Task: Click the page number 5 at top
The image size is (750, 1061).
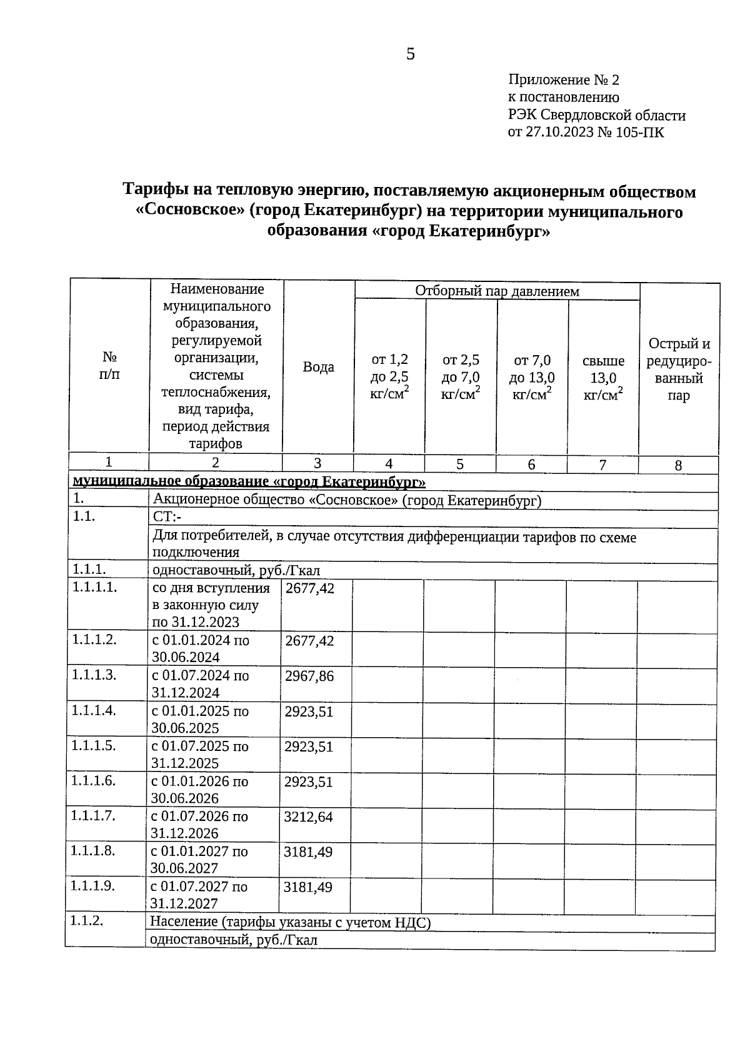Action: (x=411, y=54)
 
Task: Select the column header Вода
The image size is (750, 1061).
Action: (x=318, y=368)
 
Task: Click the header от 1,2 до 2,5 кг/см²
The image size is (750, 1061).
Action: (x=390, y=376)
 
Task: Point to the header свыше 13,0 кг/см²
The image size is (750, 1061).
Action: (x=603, y=378)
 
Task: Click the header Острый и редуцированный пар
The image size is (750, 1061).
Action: (x=679, y=370)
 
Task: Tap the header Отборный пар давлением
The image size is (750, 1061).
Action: (x=497, y=291)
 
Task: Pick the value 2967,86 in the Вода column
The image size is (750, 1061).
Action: (x=309, y=676)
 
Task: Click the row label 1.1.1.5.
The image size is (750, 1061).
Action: (x=94, y=746)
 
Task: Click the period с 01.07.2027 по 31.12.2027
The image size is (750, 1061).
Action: (x=198, y=895)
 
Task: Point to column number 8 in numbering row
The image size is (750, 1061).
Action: (x=678, y=465)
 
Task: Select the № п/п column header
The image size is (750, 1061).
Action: (x=109, y=366)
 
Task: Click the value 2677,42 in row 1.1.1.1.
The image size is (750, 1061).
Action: (x=310, y=588)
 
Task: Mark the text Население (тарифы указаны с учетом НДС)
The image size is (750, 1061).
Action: (x=291, y=923)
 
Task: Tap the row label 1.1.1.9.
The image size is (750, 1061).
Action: (x=93, y=886)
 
